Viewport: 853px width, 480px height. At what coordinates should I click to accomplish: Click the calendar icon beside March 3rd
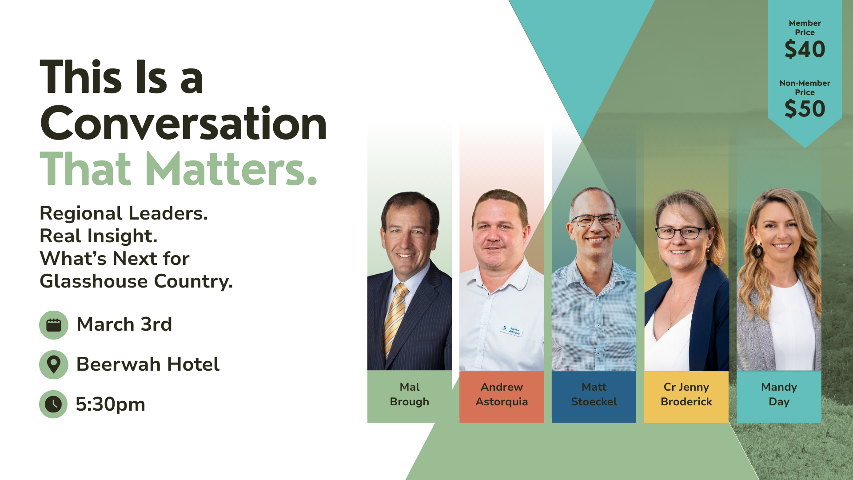coord(54,325)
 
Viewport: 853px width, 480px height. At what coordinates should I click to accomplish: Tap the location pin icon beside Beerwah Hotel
coord(54,364)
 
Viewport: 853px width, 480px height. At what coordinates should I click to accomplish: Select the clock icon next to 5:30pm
coord(54,404)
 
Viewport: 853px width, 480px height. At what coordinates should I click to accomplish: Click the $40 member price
coord(805,49)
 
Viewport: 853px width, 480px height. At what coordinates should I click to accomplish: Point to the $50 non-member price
coord(805,109)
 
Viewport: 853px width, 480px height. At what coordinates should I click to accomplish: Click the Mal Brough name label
coord(409,394)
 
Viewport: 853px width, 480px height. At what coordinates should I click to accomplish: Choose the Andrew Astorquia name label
coord(502,394)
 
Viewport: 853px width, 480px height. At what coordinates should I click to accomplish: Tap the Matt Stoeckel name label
coord(594,394)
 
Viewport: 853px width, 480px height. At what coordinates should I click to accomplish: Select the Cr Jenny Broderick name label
coord(686,394)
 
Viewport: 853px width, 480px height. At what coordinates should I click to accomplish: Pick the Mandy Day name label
coord(779,394)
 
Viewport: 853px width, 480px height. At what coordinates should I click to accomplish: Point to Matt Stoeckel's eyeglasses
coord(594,220)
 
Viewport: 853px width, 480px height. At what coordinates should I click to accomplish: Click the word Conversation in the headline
coord(183,124)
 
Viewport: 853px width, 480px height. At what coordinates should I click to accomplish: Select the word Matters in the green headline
coord(231,169)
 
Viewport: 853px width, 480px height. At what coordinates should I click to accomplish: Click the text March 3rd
coord(124,324)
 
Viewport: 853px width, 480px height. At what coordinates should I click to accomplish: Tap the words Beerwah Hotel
coord(148,364)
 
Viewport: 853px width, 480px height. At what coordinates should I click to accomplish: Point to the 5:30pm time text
coord(111,404)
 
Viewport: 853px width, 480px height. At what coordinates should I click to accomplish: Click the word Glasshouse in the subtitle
coord(94,281)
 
